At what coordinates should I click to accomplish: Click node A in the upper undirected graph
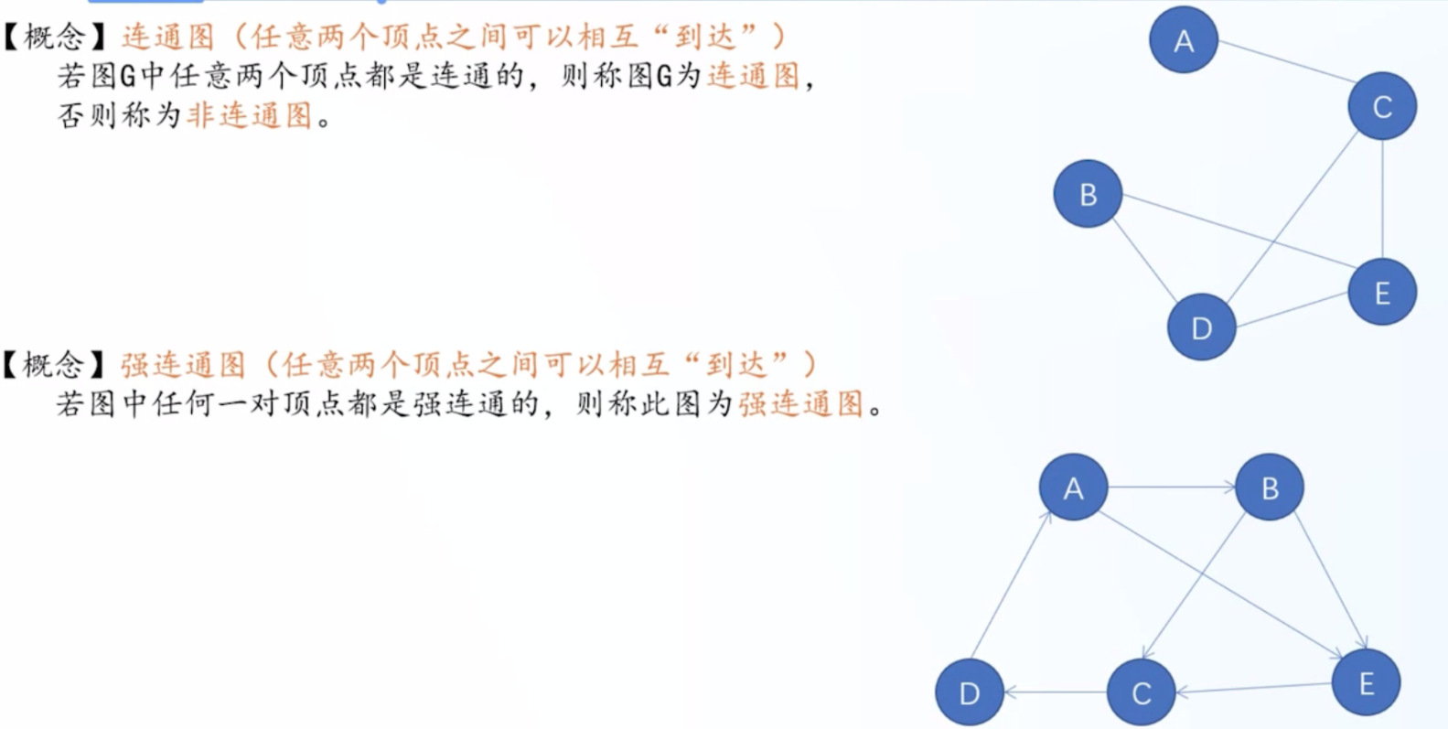click(x=1183, y=40)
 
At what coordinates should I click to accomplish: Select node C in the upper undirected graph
click(x=1382, y=107)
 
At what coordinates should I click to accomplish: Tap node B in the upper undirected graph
click(x=1088, y=194)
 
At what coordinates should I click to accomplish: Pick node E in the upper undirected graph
click(x=1382, y=292)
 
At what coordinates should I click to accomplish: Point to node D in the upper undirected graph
click(x=1201, y=327)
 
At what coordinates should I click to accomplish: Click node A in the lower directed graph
click(x=1073, y=488)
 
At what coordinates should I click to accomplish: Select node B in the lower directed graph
click(x=1269, y=488)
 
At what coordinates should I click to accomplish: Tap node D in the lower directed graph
click(x=969, y=692)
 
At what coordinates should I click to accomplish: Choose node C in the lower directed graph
click(x=1141, y=692)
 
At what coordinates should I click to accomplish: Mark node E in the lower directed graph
click(x=1366, y=682)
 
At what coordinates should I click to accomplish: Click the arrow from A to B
click(x=1172, y=488)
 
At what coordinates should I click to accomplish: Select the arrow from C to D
click(x=1055, y=692)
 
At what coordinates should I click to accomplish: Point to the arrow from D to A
click(x=1012, y=584)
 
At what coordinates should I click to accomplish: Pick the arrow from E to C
click(x=1253, y=688)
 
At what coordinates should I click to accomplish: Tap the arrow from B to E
click(x=1331, y=580)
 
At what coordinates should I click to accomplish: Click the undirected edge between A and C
click(x=1287, y=61)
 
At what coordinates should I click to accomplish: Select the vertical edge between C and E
click(x=1382, y=199)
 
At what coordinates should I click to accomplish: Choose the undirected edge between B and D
click(x=1145, y=261)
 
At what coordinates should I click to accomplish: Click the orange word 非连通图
click(x=250, y=116)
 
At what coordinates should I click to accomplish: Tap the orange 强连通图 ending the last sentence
click(x=801, y=404)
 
